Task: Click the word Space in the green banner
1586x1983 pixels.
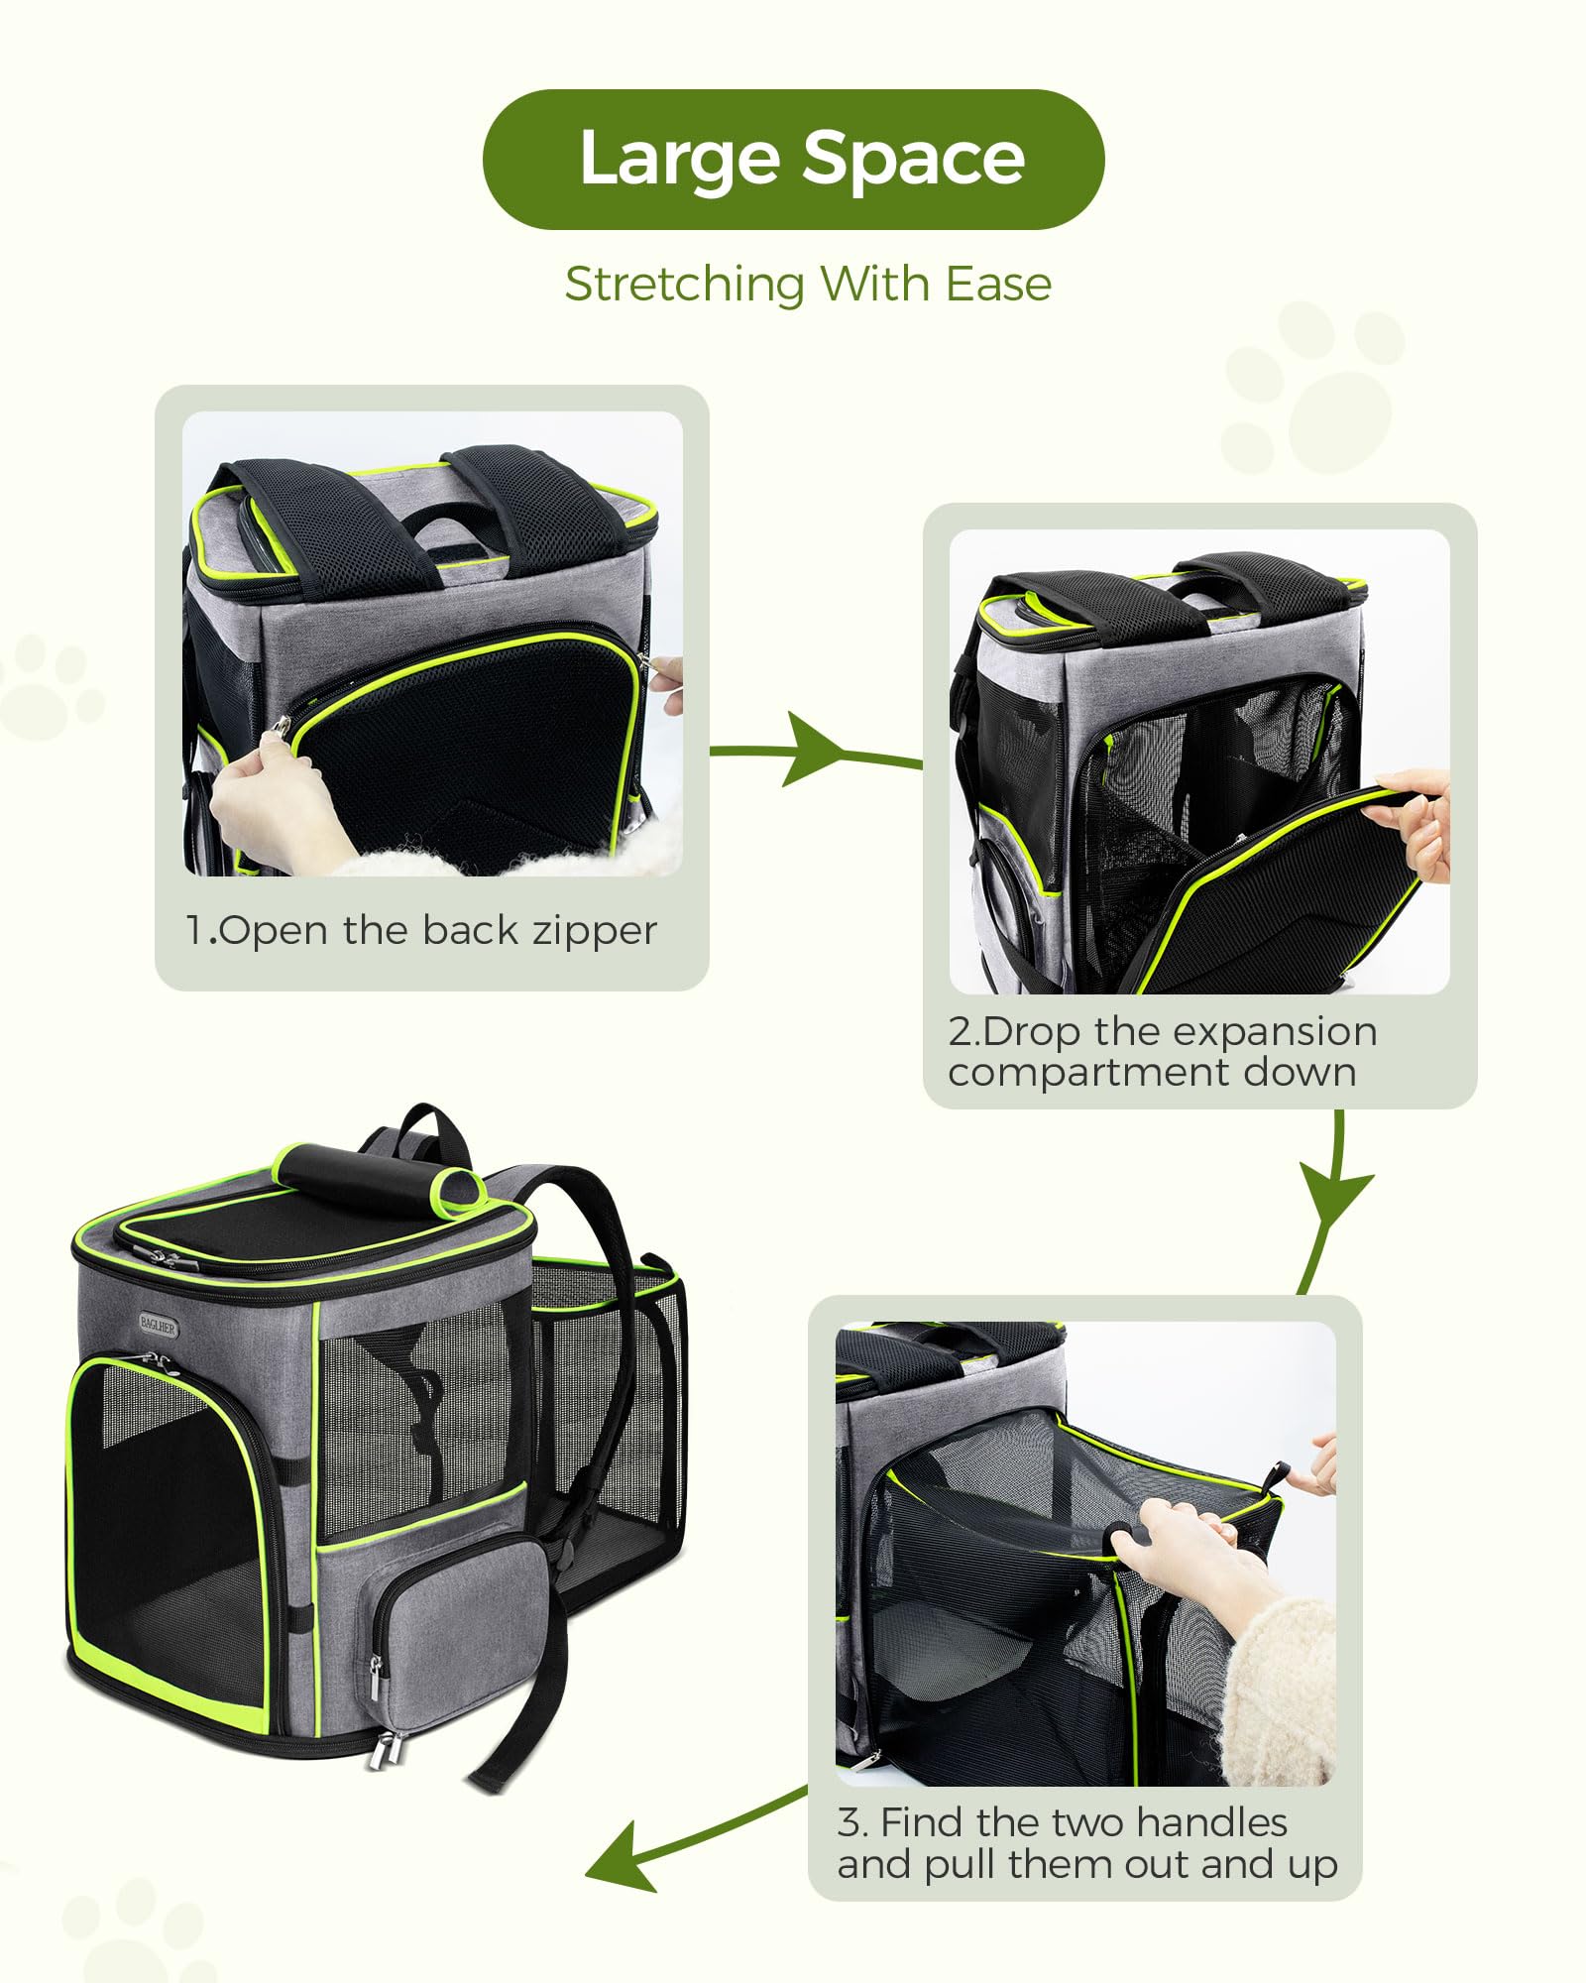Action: [x=913, y=159]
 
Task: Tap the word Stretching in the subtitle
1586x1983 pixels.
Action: [x=684, y=286]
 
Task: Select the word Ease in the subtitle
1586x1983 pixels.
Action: [x=998, y=285]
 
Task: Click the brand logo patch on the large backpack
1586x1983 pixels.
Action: [x=159, y=1326]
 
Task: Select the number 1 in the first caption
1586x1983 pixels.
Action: [x=195, y=932]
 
